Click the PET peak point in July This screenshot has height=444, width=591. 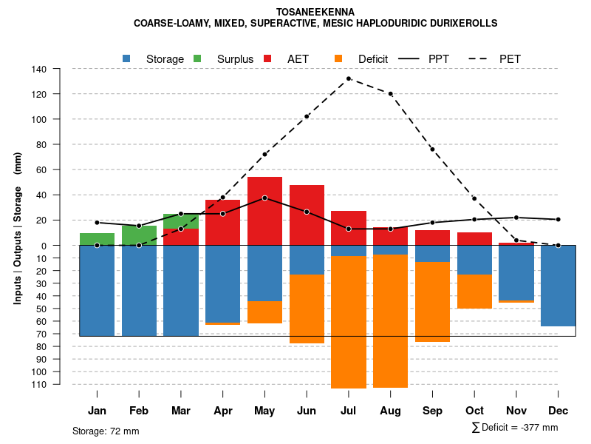(349, 78)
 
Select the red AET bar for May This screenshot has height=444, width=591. (264, 211)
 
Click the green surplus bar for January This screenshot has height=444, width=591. (97, 239)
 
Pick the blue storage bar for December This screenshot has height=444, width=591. (558, 286)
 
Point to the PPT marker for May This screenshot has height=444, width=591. (264, 198)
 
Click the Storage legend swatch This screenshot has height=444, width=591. (127, 58)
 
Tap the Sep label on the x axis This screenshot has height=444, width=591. (432, 411)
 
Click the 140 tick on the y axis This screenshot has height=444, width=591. (39, 69)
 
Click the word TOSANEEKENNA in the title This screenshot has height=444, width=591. (315, 12)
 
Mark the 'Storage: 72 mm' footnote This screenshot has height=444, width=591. (106, 431)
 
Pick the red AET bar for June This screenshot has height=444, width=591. (307, 215)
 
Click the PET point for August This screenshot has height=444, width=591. (391, 93)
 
